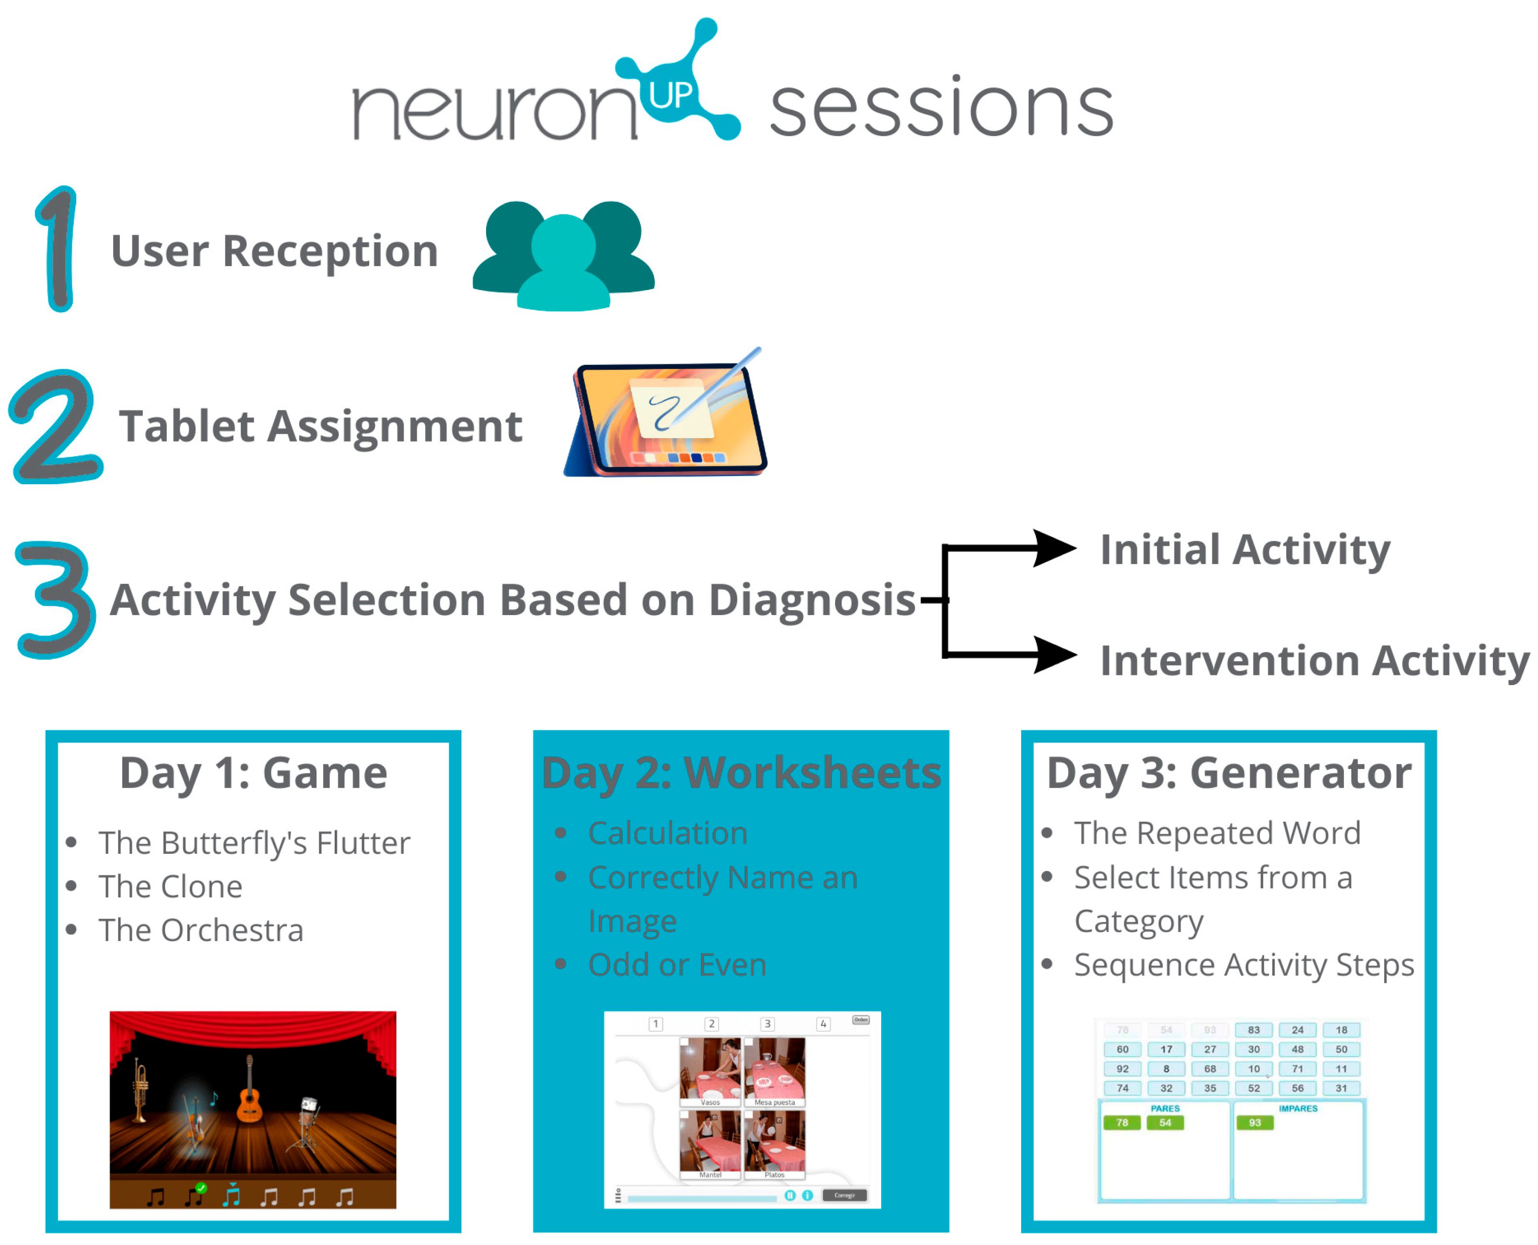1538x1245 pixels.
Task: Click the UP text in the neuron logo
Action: click(x=670, y=94)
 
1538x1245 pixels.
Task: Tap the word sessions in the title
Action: click(x=941, y=109)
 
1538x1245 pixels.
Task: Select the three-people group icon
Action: click(x=564, y=256)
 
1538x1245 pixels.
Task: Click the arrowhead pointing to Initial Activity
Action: click(x=1052, y=548)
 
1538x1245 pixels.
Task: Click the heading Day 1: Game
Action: click(x=253, y=773)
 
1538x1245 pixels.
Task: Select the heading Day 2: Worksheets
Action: click(x=741, y=773)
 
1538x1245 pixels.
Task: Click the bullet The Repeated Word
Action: click(x=1217, y=833)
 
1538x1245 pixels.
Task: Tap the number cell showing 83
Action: click(x=1253, y=1030)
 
